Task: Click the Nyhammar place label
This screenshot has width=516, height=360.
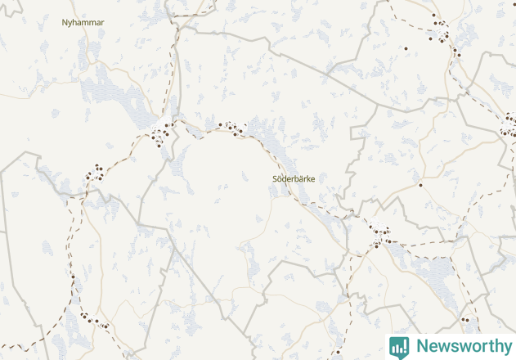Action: pos(83,22)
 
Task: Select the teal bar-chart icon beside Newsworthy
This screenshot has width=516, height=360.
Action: pos(399,346)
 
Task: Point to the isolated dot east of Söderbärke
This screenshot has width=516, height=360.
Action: pos(420,185)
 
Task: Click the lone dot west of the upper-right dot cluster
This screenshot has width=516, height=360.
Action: pos(406,49)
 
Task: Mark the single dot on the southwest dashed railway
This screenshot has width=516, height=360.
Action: pos(73,277)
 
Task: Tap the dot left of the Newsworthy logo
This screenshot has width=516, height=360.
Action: pos(338,352)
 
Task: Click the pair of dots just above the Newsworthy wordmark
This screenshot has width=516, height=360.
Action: pos(466,320)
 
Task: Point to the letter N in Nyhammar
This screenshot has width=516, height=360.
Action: pos(65,22)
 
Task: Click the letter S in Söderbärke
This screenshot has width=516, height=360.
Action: pos(273,178)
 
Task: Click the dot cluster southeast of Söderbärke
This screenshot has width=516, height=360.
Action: pos(378,235)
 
